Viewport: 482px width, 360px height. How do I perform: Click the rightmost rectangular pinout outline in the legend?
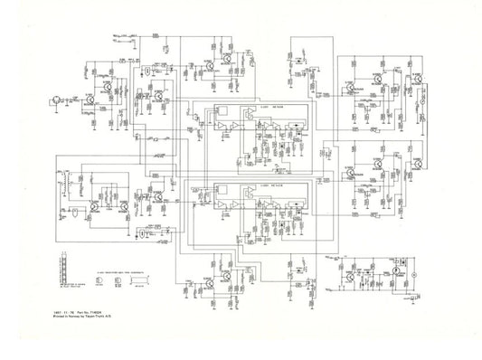pyautogui.click(x=137, y=281)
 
